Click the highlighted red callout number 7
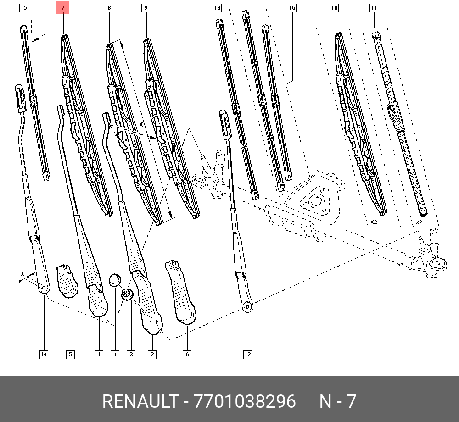pos(63,8)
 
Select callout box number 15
pos(23,8)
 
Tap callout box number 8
pos(108,8)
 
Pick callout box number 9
pos(146,8)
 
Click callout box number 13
pos(217,8)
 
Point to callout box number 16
pos(292,8)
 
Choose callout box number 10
pos(334,8)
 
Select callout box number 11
pos(374,8)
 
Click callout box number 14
pos(44,354)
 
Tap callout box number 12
pos(247,354)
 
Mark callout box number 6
pos(187,354)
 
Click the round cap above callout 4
pos(114,279)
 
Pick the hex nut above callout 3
pos(127,294)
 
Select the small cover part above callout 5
pos(67,280)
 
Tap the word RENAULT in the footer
pos(140,401)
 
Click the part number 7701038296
pos(245,401)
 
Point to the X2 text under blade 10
pos(374,222)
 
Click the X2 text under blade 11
pos(419,222)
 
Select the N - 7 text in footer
pos(338,401)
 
